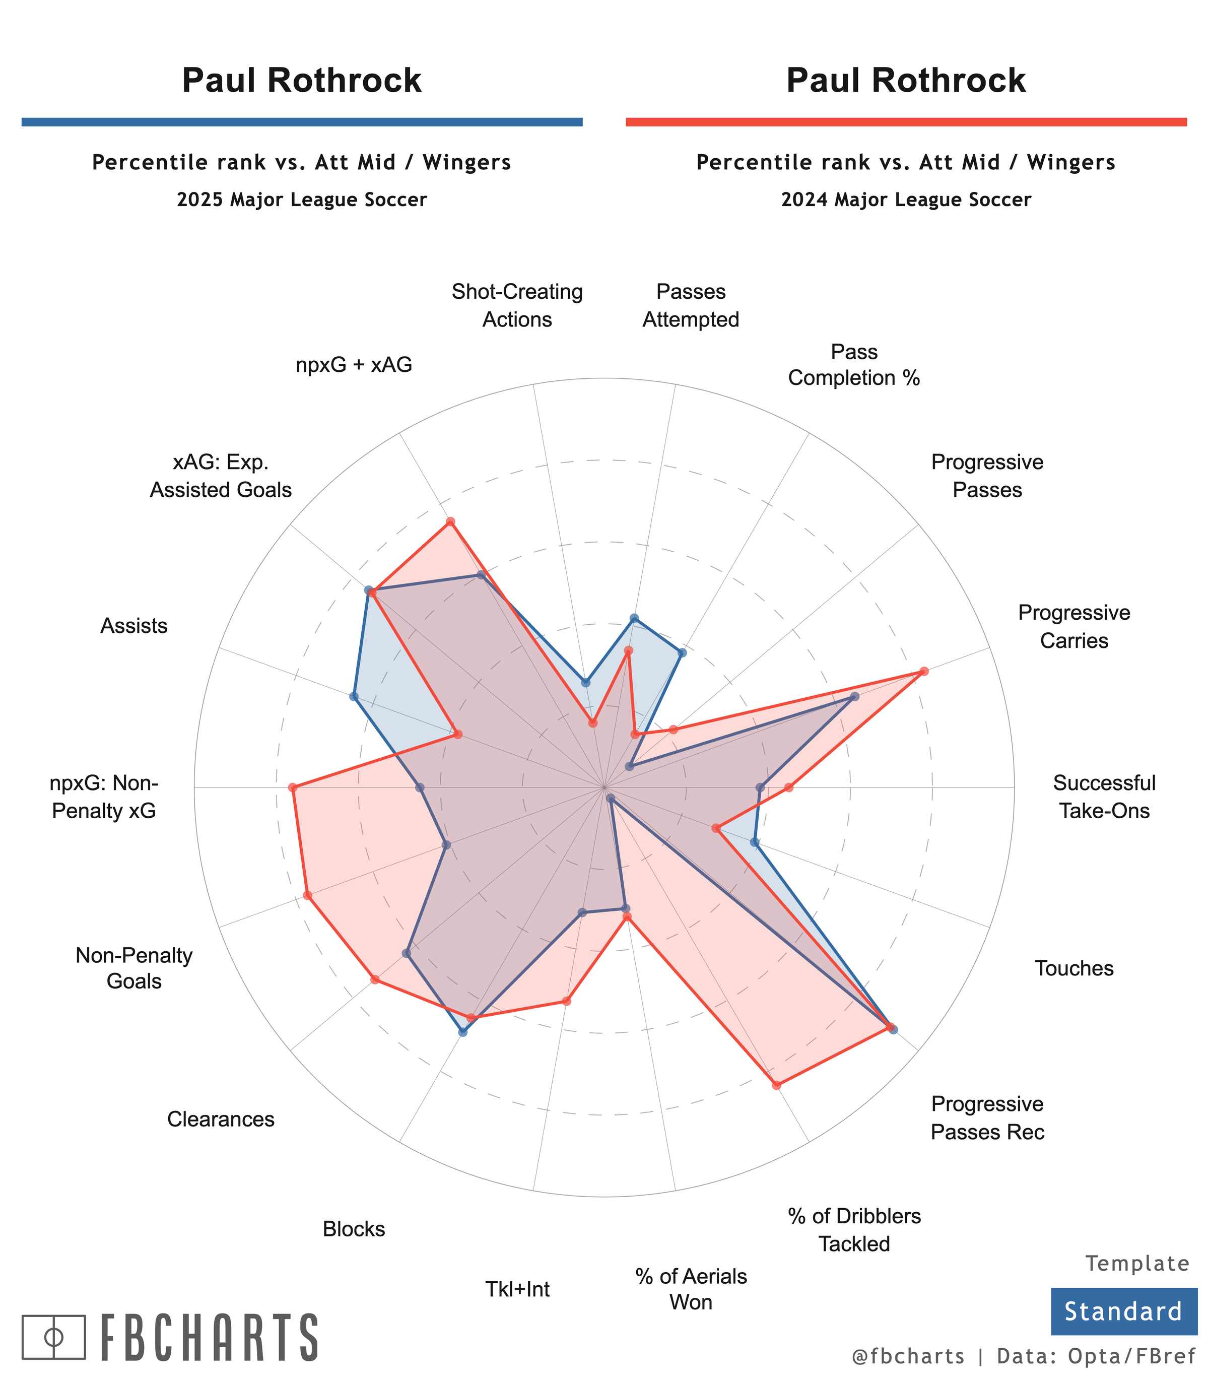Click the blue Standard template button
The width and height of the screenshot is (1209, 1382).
(x=1123, y=1311)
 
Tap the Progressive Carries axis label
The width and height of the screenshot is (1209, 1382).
(x=1073, y=626)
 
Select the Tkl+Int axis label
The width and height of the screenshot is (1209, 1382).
(x=517, y=1289)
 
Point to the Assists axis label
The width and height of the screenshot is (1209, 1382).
(x=133, y=626)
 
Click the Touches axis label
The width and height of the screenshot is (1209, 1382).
(x=1074, y=968)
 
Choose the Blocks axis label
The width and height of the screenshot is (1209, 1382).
(x=354, y=1229)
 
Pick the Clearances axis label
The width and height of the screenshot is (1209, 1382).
(x=221, y=1119)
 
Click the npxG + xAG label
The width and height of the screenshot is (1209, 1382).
(x=354, y=364)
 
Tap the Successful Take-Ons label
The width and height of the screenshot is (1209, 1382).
(x=1104, y=796)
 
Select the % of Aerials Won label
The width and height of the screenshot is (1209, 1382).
(x=691, y=1289)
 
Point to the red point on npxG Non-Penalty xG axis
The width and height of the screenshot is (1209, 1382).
(x=292, y=787)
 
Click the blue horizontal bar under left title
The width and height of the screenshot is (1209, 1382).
(x=302, y=122)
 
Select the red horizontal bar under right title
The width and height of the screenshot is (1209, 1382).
(x=906, y=122)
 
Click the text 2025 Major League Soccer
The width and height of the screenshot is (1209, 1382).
(x=302, y=200)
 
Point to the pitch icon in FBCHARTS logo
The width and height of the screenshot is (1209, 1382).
(x=54, y=1337)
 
